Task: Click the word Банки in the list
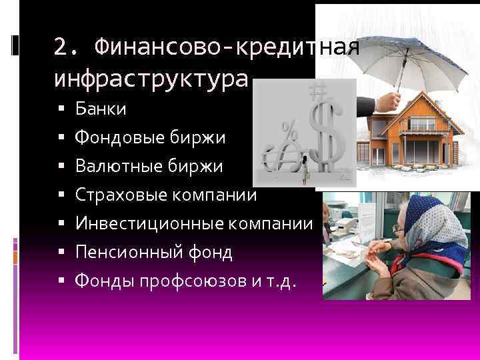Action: (96, 108)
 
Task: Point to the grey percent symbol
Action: (289, 129)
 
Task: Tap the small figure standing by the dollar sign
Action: (306, 171)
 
